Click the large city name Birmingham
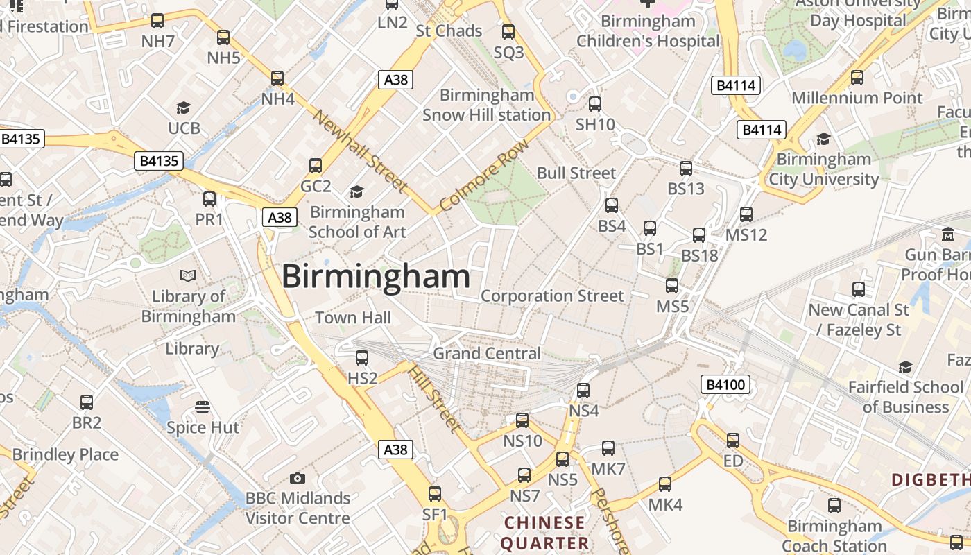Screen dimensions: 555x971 click(376, 277)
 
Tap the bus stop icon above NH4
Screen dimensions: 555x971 click(277, 78)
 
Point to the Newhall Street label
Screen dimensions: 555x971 click(359, 150)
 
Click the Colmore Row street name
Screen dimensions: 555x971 click(483, 175)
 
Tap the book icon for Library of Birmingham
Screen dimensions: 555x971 click(187, 275)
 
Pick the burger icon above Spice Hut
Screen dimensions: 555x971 click(203, 407)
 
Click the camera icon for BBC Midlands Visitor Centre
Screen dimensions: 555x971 click(298, 478)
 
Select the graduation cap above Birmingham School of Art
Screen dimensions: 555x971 click(356, 191)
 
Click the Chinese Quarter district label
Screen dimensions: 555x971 click(544, 532)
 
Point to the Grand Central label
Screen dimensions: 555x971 click(486, 353)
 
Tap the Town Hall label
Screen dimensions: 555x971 click(353, 318)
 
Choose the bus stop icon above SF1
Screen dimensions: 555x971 click(435, 494)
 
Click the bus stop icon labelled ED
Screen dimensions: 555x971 click(733, 441)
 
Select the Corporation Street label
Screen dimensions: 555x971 click(552, 296)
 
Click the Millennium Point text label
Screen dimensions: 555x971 click(857, 98)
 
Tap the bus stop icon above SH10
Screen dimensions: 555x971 click(595, 104)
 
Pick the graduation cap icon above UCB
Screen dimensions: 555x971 click(183, 108)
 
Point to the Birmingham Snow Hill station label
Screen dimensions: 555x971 click(487, 105)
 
